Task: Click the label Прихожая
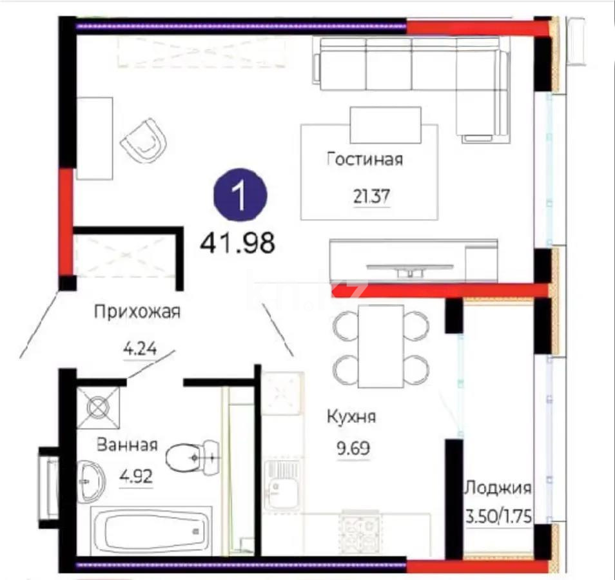(x=137, y=313)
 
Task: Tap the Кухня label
(x=351, y=417)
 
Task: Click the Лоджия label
(x=498, y=488)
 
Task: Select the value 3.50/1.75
(x=498, y=517)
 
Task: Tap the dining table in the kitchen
(x=381, y=345)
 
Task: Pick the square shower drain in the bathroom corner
(x=99, y=409)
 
